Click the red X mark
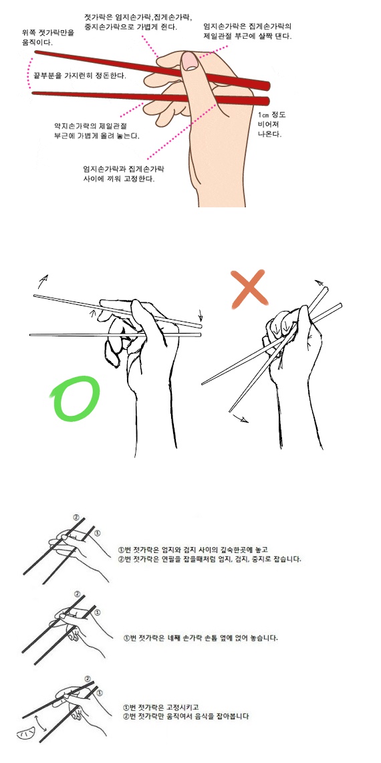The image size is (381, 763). coord(249,290)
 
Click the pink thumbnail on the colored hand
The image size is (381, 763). coord(188,62)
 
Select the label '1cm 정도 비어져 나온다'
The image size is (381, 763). coord(271,124)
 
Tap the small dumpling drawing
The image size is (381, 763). coord(26,734)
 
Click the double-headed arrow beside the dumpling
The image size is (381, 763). coord(42,723)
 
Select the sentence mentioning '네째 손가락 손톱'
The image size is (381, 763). coord(201,637)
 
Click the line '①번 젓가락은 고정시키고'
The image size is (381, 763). coord(162,707)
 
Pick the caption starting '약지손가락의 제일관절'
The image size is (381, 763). coord(96,131)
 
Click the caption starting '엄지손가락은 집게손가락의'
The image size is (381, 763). coord(248,31)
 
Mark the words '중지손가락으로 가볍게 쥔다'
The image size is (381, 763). coord(130,26)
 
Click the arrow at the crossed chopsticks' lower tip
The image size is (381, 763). coord(239,418)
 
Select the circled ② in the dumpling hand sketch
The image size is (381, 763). coord(87,679)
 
